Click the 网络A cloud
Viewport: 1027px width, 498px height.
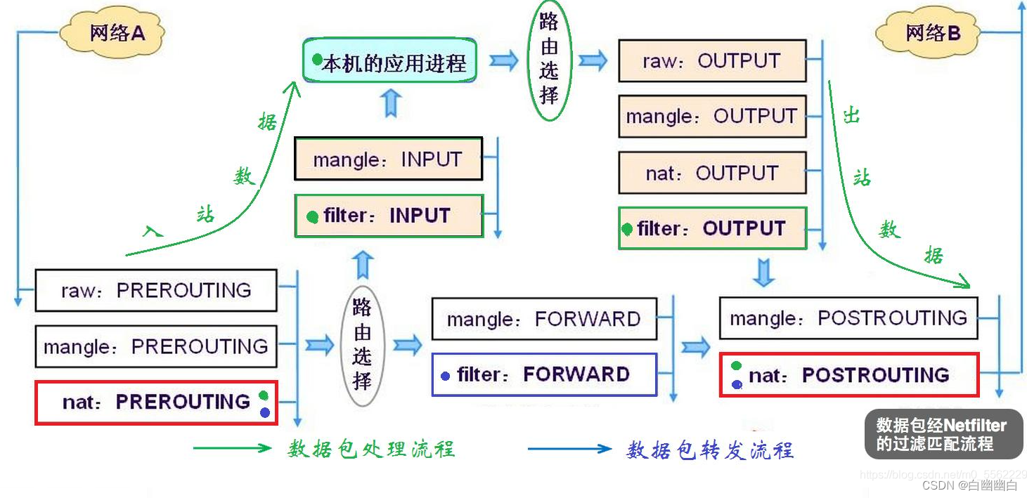112,32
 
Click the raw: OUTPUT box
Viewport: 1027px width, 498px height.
711,60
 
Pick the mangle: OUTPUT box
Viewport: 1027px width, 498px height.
711,116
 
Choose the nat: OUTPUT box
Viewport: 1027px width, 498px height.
711,173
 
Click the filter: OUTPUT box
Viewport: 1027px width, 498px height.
711,228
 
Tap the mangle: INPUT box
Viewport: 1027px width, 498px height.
388,159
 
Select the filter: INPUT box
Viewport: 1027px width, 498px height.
388,216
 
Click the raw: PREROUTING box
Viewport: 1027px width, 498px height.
156,290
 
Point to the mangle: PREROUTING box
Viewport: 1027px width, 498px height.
156,346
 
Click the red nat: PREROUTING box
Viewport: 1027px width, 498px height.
156,402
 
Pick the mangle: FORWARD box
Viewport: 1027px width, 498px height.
543,320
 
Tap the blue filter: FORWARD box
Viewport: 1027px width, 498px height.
543,374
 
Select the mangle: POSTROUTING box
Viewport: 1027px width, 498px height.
848,318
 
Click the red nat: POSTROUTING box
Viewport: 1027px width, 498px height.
848,375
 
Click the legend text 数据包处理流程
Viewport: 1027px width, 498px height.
370,449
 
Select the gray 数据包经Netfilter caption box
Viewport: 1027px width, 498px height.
943,434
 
